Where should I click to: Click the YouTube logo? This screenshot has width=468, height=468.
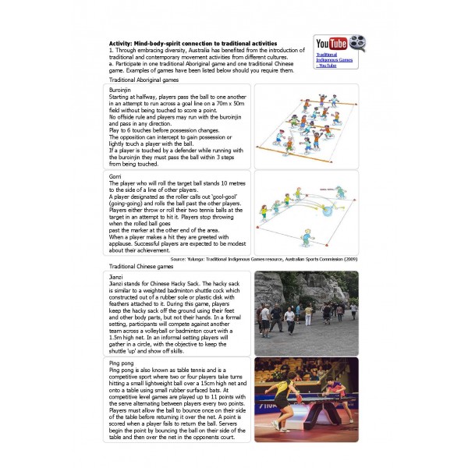(331, 44)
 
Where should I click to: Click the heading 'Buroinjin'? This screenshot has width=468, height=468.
(122, 90)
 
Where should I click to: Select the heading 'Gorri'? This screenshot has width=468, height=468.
(115, 177)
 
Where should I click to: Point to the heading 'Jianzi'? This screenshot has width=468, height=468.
(117, 275)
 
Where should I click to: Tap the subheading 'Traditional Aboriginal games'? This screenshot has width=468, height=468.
(144, 80)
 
